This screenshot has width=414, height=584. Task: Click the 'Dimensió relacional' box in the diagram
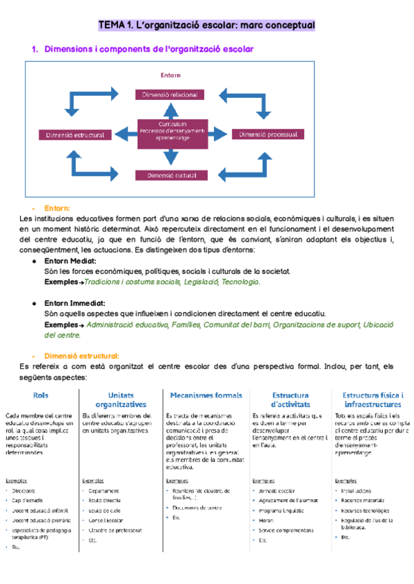coord(170,94)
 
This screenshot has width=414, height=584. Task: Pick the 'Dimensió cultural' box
coord(170,176)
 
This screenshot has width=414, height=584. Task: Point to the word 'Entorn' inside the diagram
coord(170,74)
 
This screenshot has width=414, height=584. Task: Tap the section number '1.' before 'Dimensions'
coord(35,50)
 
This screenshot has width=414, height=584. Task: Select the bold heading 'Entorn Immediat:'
coord(75,303)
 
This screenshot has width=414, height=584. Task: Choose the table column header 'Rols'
coord(41,395)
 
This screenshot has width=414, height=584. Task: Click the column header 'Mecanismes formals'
coord(206,395)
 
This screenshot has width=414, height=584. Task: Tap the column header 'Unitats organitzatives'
coord(121,399)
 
